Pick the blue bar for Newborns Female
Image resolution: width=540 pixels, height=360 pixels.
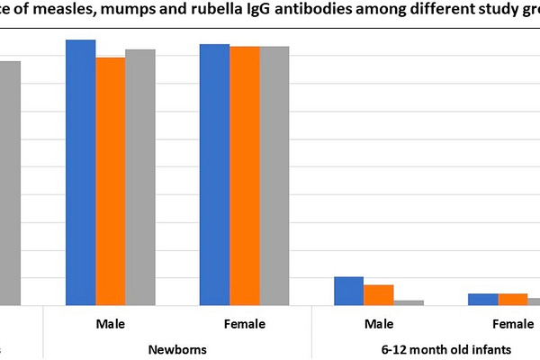(215, 175)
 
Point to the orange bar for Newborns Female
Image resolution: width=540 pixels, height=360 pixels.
(245, 175)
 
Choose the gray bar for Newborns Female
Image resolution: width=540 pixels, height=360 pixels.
(274, 175)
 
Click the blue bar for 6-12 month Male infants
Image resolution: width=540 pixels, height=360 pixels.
(349, 291)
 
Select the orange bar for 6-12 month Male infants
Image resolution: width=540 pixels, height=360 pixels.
(379, 295)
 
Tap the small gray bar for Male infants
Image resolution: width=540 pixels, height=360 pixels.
(409, 302)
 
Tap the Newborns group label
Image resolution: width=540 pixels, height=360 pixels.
(177, 348)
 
